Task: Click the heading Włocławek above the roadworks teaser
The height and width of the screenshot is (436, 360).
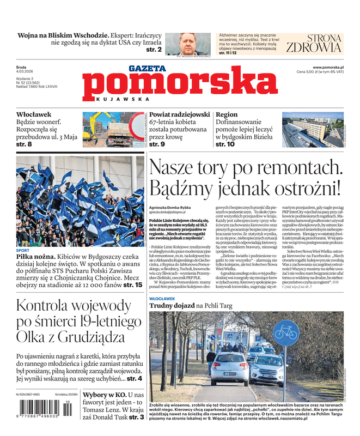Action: click(34, 115)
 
